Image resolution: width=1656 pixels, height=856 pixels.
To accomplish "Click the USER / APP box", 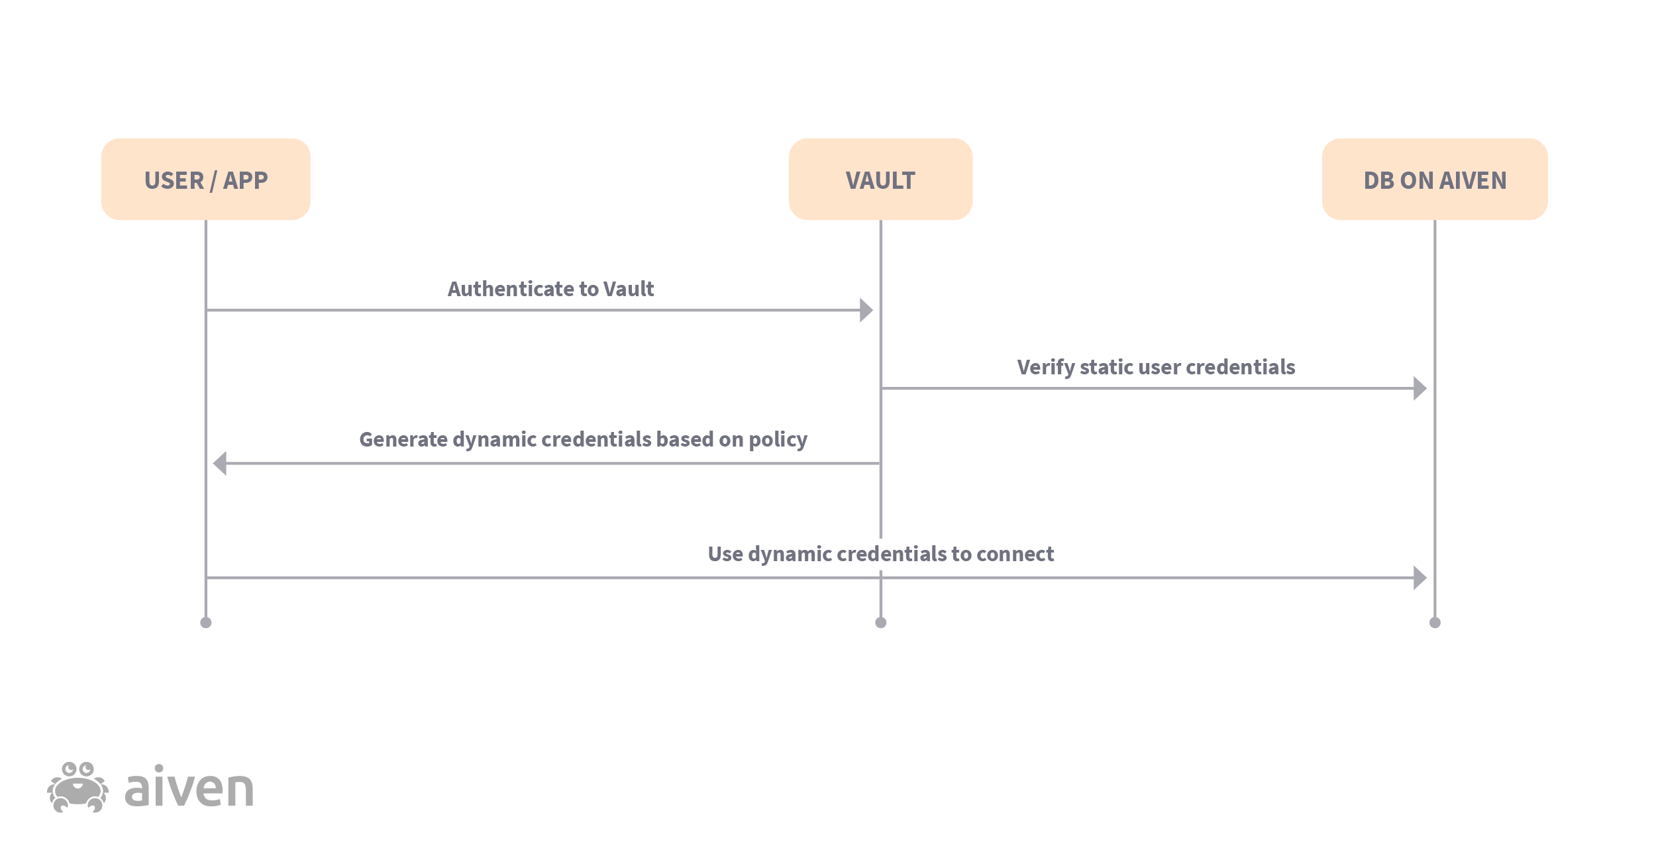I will pos(205,179).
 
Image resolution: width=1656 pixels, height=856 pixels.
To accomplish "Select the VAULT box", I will pos(880,179).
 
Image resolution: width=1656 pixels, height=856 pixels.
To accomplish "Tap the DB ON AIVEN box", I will pos(1434,179).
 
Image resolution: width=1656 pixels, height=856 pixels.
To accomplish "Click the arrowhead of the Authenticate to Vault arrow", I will pos(866,310).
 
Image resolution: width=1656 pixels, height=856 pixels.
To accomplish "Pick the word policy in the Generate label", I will pos(778,440).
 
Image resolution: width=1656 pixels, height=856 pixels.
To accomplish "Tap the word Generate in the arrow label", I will pos(403,439).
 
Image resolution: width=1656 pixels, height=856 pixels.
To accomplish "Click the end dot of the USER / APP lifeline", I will pos(206,622).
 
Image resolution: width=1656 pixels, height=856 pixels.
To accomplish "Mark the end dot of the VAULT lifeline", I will pos(880,622).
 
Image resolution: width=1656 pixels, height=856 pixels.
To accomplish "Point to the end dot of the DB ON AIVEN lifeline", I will pos(1435,622).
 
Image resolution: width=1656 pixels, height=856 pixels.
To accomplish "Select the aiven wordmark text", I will pos(189,788).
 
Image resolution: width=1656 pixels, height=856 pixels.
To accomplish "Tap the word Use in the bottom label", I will pos(725,554).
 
